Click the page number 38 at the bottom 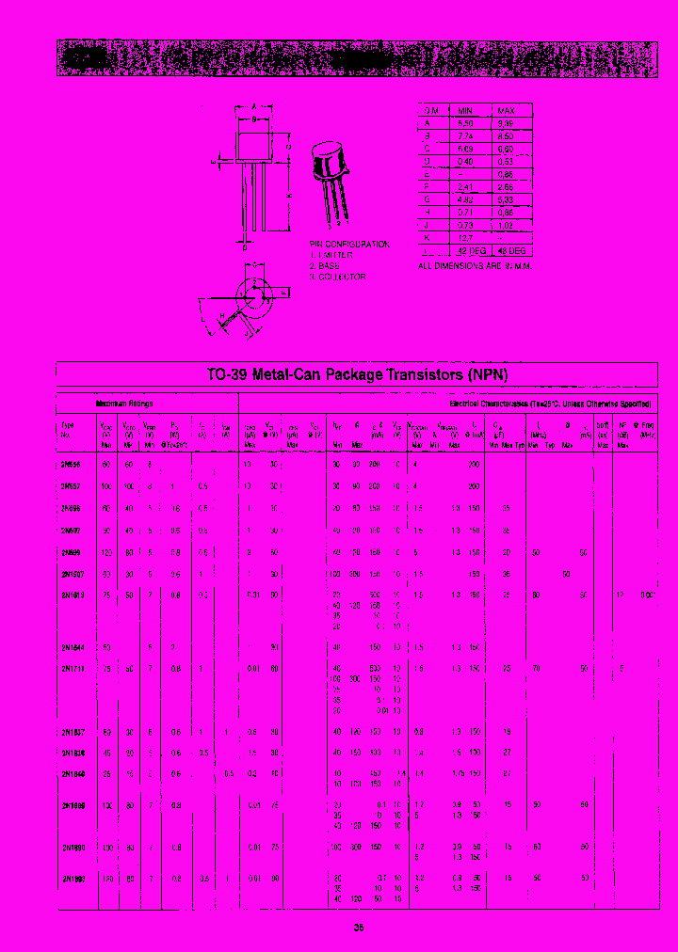click(x=359, y=928)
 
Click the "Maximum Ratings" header click(x=122, y=403)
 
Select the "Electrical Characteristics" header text click(x=490, y=403)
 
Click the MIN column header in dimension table click(x=464, y=109)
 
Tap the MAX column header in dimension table click(x=507, y=109)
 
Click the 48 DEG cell click(x=511, y=250)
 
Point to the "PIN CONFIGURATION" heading click(x=349, y=244)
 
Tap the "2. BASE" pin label click(x=326, y=266)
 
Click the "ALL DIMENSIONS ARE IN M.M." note click(x=476, y=267)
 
